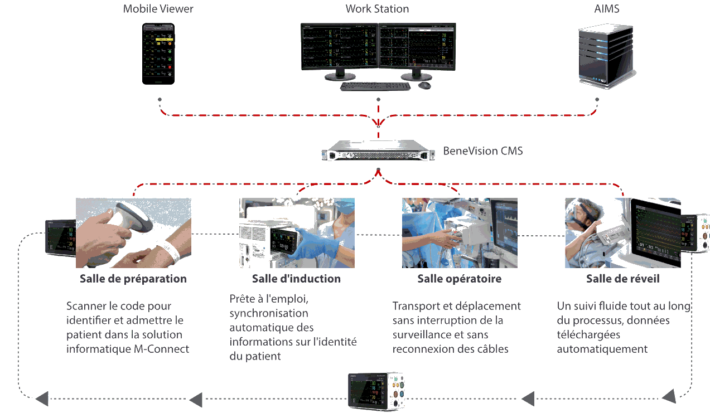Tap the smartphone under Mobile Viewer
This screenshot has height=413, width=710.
coord(158,54)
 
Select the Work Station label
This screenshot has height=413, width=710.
coord(377,9)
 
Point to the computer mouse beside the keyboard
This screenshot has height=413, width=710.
coord(424,85)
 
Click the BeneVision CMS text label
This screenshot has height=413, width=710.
coord(483,151)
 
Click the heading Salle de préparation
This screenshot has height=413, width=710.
coord(133,279)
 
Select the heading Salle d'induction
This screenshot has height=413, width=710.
coord(296,279)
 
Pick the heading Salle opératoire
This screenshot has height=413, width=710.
coord(459,279)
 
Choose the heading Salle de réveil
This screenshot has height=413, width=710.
coord(622,279)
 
